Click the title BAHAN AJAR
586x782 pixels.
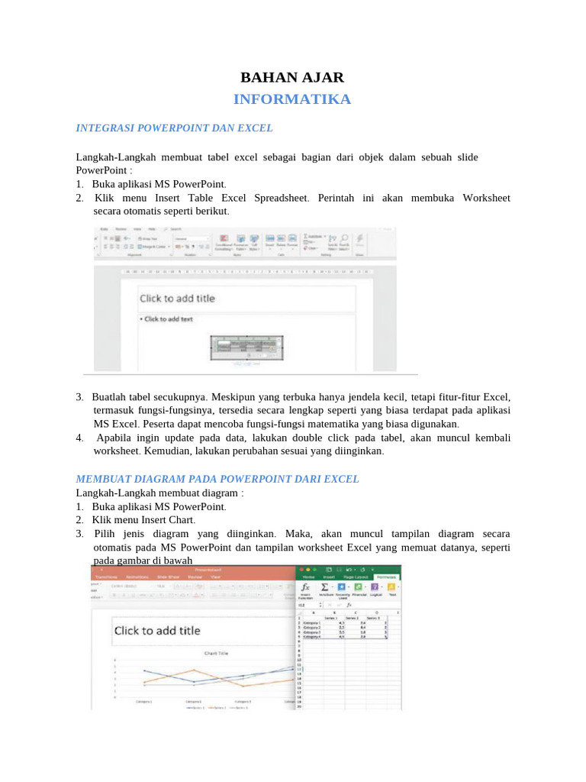[x=292, y=77]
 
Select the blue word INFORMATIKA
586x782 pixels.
[x=292, y=99]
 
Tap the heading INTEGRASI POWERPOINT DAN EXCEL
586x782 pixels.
[x=174, y=128]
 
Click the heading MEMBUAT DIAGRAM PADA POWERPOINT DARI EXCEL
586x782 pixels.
[x=217, y=479]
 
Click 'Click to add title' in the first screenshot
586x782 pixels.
[x=177, y=299]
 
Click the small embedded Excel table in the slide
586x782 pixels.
[x=246, y=347]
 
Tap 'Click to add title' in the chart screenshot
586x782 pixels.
[x=157, y=630]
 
